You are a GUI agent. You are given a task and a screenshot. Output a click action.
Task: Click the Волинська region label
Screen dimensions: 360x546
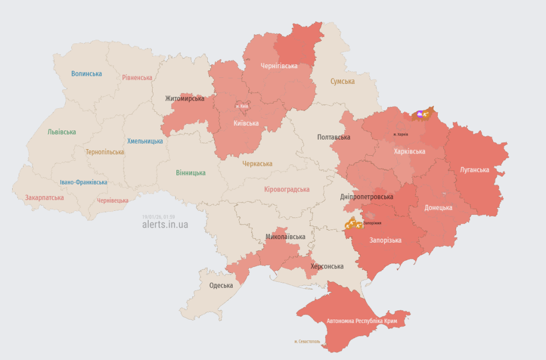pyautogui.click(x=86, y=74)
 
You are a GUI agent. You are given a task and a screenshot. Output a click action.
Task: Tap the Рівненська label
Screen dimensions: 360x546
pyautogui.click(x=137, y=78)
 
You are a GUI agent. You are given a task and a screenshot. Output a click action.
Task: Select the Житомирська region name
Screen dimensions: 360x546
pyautogui.click(x=184, y=99)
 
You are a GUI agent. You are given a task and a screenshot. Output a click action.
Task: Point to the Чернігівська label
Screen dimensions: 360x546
pyautogui.click(x=279, y=66)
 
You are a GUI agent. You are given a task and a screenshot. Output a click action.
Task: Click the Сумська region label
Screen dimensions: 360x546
pyautogui.click(x=342, y=81)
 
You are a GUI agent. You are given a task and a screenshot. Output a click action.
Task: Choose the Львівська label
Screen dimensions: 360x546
pyautogui.click(x=62, y=132)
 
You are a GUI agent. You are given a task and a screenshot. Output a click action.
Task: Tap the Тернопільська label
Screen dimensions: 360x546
pyautogui.click(x=105, y=152)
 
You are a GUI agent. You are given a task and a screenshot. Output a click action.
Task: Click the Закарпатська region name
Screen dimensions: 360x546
pyautogui.click(x=44, y=198)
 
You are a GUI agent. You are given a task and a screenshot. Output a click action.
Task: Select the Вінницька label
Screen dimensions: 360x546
pyautogui.click(x=191, y=173)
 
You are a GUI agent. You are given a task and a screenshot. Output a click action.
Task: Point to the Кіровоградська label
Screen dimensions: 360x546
pyautogui.click(x=287, y=190)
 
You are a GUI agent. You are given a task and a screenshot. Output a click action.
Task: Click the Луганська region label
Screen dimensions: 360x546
pyautogui.click(x=474, y=170)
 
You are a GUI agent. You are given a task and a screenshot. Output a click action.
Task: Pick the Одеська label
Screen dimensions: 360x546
pyautogui.click(x=221, y=286)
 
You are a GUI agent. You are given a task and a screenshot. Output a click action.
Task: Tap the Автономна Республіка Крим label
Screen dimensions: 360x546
pyautogui.click(x=361, y=321)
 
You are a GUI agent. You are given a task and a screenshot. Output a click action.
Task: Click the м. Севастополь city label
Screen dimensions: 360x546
pyautogui.click(x=307, y=341)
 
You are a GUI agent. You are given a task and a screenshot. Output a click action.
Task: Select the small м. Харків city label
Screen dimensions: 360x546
pyautogui.click(x=400, y=134)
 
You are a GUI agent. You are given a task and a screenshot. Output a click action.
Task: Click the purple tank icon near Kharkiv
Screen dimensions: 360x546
pyautogui.click(x=420, y=114)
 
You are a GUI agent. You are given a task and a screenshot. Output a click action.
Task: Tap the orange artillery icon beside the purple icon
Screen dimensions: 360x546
pyautogui.click(x=426, y=115)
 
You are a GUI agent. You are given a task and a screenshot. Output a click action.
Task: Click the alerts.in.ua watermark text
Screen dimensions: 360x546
pyautogui.click(x=165, y=224)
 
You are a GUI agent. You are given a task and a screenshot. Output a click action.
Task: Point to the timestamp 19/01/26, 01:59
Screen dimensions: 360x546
pyautogui.click(x=158, y=216)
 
